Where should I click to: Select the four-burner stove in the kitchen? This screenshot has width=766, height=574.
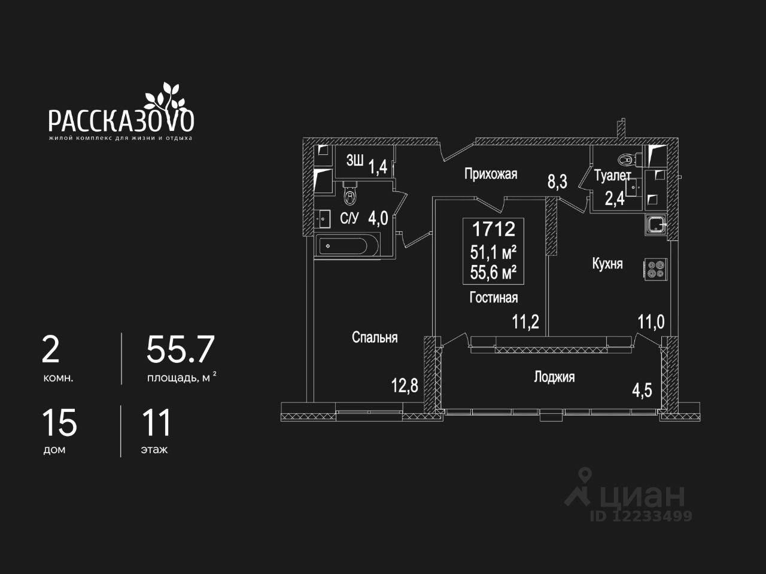coord(655,269)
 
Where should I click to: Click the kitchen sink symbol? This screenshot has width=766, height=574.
coord(656,225)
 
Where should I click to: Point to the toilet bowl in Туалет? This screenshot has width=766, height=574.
coord(625,160)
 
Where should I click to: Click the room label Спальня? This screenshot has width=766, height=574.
coord(375,338)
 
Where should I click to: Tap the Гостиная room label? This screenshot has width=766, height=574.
coord(494,297)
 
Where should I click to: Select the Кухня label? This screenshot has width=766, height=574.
coord(607,264)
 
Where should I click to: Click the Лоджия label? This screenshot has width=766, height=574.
coord(554,377)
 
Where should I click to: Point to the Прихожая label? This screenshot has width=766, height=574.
coord(491,174)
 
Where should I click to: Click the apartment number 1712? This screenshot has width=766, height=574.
coord(494,229)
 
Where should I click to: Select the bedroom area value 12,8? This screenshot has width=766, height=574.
coord(405,386)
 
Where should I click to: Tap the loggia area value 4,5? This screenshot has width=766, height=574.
coord(642,390)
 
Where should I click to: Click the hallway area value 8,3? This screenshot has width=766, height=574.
coord(557,181)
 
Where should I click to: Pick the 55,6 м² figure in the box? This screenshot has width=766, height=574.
coord(494,273)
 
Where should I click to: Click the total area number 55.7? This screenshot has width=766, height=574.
coord(180,350)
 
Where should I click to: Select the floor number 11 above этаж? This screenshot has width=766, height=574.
coord(156,423)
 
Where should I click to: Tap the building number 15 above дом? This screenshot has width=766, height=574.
coord(59,423)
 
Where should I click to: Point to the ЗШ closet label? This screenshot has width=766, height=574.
coord(355,161)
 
